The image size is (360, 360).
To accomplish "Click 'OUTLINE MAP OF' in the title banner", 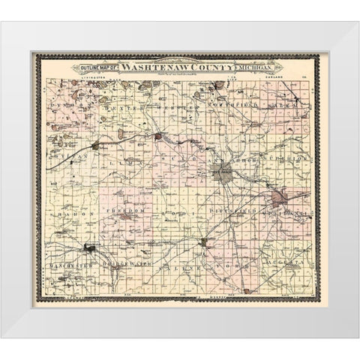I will tap(96, 67).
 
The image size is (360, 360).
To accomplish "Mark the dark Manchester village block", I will tap(91, 247).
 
